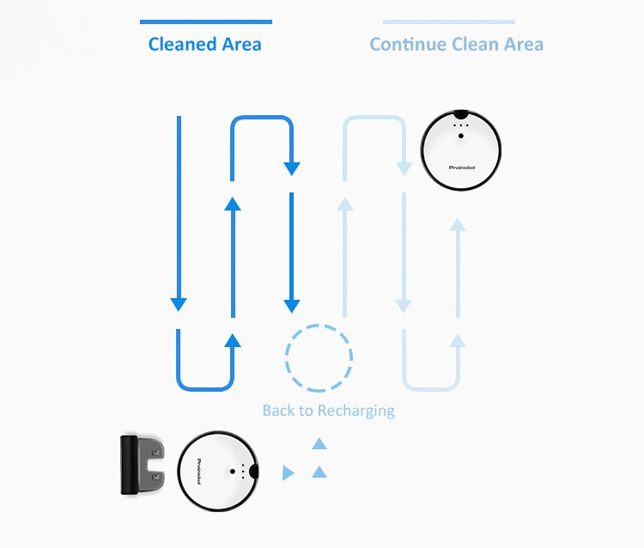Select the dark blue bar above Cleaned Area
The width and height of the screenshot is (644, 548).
(x=206, y=22)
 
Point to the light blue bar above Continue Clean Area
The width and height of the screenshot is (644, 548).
(x=449, y=22)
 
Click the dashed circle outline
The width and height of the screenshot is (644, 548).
(x=319, y=358)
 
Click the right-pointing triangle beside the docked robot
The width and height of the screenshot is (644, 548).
(x=288, y=473)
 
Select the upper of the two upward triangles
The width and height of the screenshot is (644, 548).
(x=319, y=443)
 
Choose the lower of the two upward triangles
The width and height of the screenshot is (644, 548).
(x=319, y=472)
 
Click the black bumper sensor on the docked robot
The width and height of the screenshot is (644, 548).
(x=254, y=472)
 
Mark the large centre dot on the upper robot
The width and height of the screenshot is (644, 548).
(x=461, y=136)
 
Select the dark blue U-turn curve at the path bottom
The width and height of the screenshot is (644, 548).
(x=205, y=388)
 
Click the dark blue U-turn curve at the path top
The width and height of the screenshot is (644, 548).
(x=262, y=119)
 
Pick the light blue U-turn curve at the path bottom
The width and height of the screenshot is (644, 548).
(x=431, y=388)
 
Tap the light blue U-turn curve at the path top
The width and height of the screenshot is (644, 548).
(x=374, y=119)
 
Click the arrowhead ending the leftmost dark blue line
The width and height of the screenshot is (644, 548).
(x=178, y=304)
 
